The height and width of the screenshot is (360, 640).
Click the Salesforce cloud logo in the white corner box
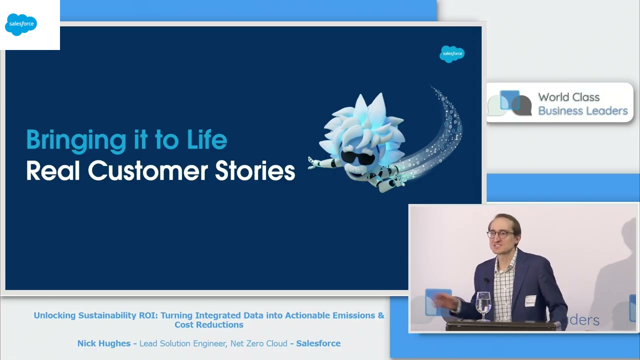pos(21,24)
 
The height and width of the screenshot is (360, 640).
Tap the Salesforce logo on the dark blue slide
pos(452,54)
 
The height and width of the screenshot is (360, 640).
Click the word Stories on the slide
pos(255,170)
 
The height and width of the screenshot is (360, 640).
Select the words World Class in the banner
pos(569,97)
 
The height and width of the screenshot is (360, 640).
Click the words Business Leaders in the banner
pos(583,111)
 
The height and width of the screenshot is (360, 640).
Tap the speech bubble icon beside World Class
pos(509,103)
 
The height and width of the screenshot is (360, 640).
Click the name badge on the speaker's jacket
pos(530,301)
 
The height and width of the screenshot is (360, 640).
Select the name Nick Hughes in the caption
pos(104,343)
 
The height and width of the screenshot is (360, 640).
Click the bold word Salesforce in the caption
pos(318,343)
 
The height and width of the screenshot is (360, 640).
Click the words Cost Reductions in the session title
pos(209,325)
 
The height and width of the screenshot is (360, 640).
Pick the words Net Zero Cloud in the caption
pos(259,343)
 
